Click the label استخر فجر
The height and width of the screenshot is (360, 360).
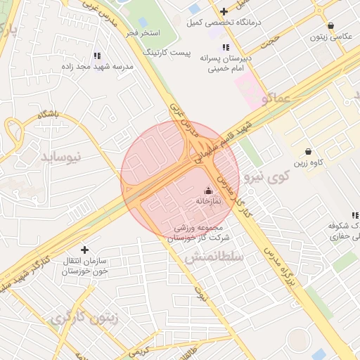click(143, 33)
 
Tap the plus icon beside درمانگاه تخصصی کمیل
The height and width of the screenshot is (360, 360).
click(224, 11)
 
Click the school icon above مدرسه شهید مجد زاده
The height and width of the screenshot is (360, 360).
click(97, 55)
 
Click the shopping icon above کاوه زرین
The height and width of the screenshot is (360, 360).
click(309, 151)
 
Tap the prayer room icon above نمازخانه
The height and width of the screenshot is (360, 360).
click(207, 190)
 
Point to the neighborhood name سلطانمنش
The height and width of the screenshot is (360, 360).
click(214, 258)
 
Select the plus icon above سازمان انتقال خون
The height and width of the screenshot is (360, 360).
click(85, 250)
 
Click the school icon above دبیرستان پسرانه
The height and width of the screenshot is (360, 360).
click(226, 47)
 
